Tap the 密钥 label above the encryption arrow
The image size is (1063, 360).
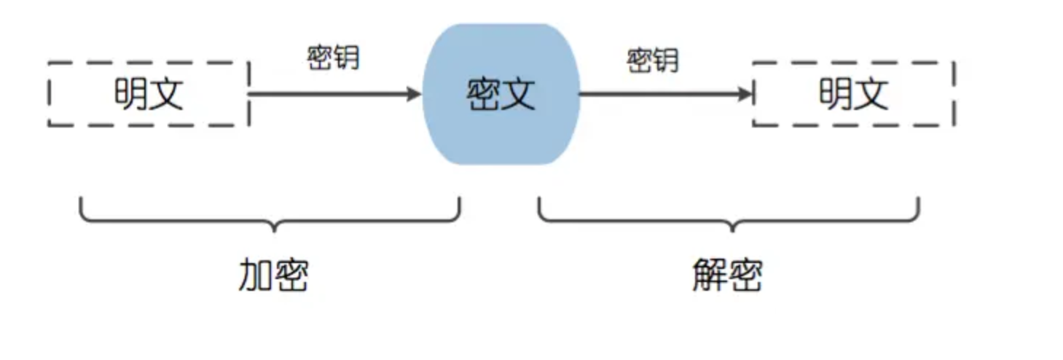click(334, 58)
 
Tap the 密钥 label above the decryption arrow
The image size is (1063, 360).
click(653, 60)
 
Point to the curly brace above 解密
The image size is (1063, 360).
click(729, 216)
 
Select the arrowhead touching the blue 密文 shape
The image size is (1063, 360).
click(415, 94)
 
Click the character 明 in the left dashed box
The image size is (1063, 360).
click(131, 94)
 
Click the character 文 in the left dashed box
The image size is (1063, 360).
click(167, 94)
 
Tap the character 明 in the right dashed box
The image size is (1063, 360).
click(836, 94)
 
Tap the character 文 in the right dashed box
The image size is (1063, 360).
click(871, 94)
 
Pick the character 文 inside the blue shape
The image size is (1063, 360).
click(519, 94)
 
